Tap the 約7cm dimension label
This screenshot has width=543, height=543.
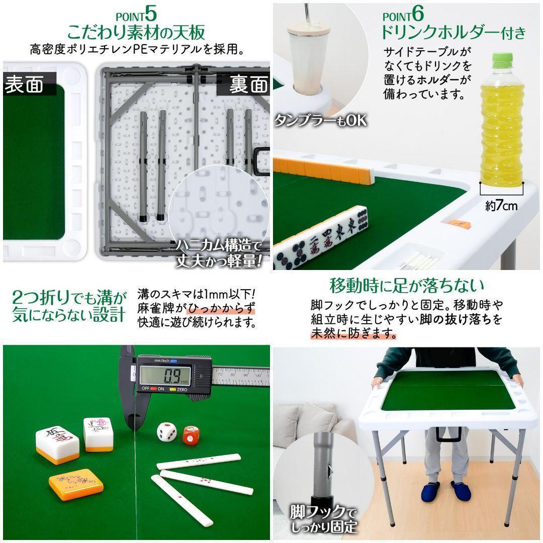(x=501, y=205)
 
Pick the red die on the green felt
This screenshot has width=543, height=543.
(x=191, y=435)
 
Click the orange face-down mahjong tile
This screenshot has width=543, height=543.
(x=76, y=485)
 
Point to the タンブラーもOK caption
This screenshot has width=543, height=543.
(x=320, y=121)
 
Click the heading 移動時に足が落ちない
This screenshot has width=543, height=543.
(x=407, y=286)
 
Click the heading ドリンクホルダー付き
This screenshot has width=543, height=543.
(x=452, y=33)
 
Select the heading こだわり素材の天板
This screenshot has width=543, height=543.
(x=136, y=33)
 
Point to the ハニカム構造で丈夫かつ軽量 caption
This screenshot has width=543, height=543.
(x=219, y=253)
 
